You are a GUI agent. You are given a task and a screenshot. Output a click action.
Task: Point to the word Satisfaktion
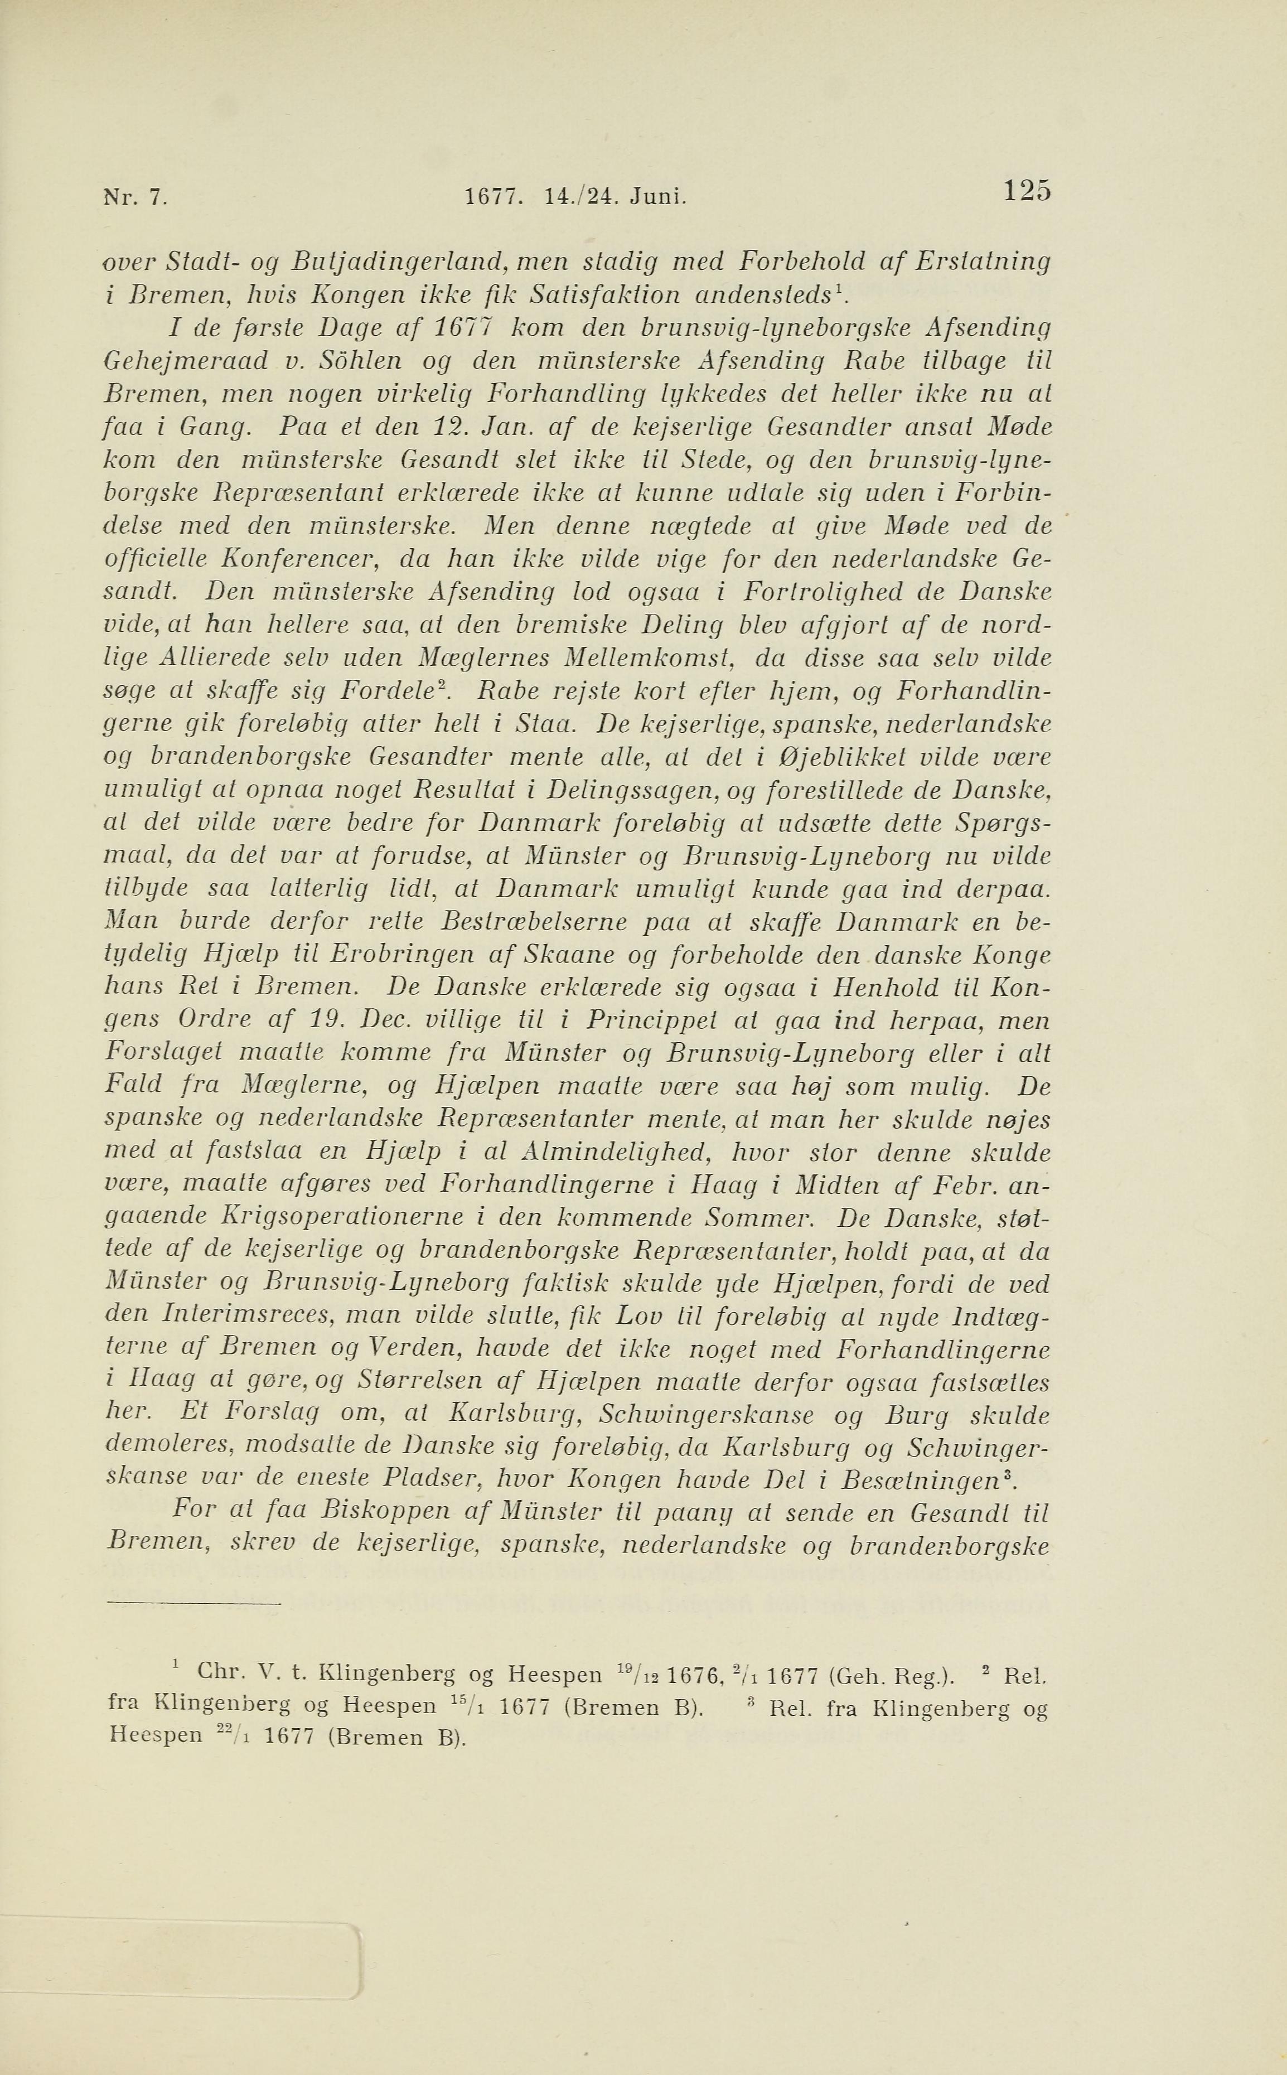pyautogui.click(x=604, y=296)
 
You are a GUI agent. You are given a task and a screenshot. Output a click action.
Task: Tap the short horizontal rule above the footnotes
pyautogui.click(x=194, y=1604)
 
